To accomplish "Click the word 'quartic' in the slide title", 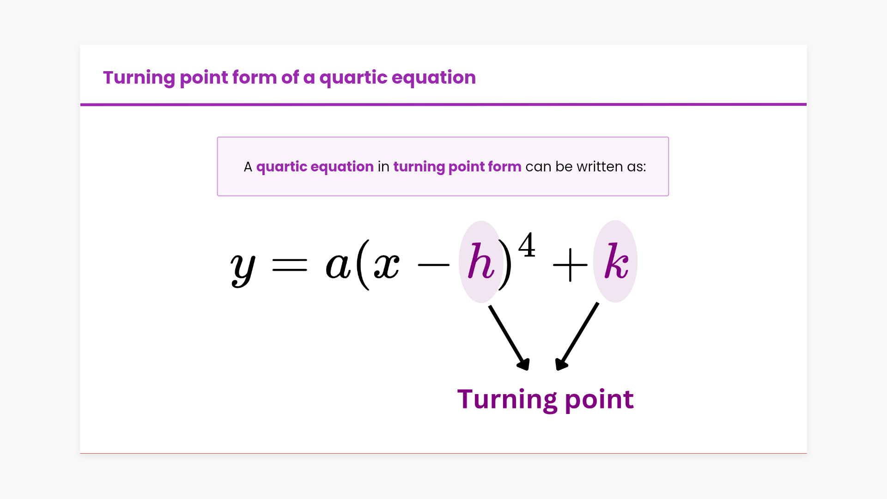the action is pos(353,78).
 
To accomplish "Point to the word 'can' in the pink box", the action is pos(538,167).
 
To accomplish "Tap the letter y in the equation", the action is pos(243,269).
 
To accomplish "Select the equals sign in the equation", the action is pos(290,265).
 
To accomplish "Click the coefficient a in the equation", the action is pos(338,266).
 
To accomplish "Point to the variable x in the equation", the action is pos(387,266).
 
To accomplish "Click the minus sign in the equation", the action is pos(433,265).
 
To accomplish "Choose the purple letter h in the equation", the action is pos(481,261).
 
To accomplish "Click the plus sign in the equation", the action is pos(570,265).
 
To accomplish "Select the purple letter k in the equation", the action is pos(617,261).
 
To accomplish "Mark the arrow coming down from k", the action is pos(577,336).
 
